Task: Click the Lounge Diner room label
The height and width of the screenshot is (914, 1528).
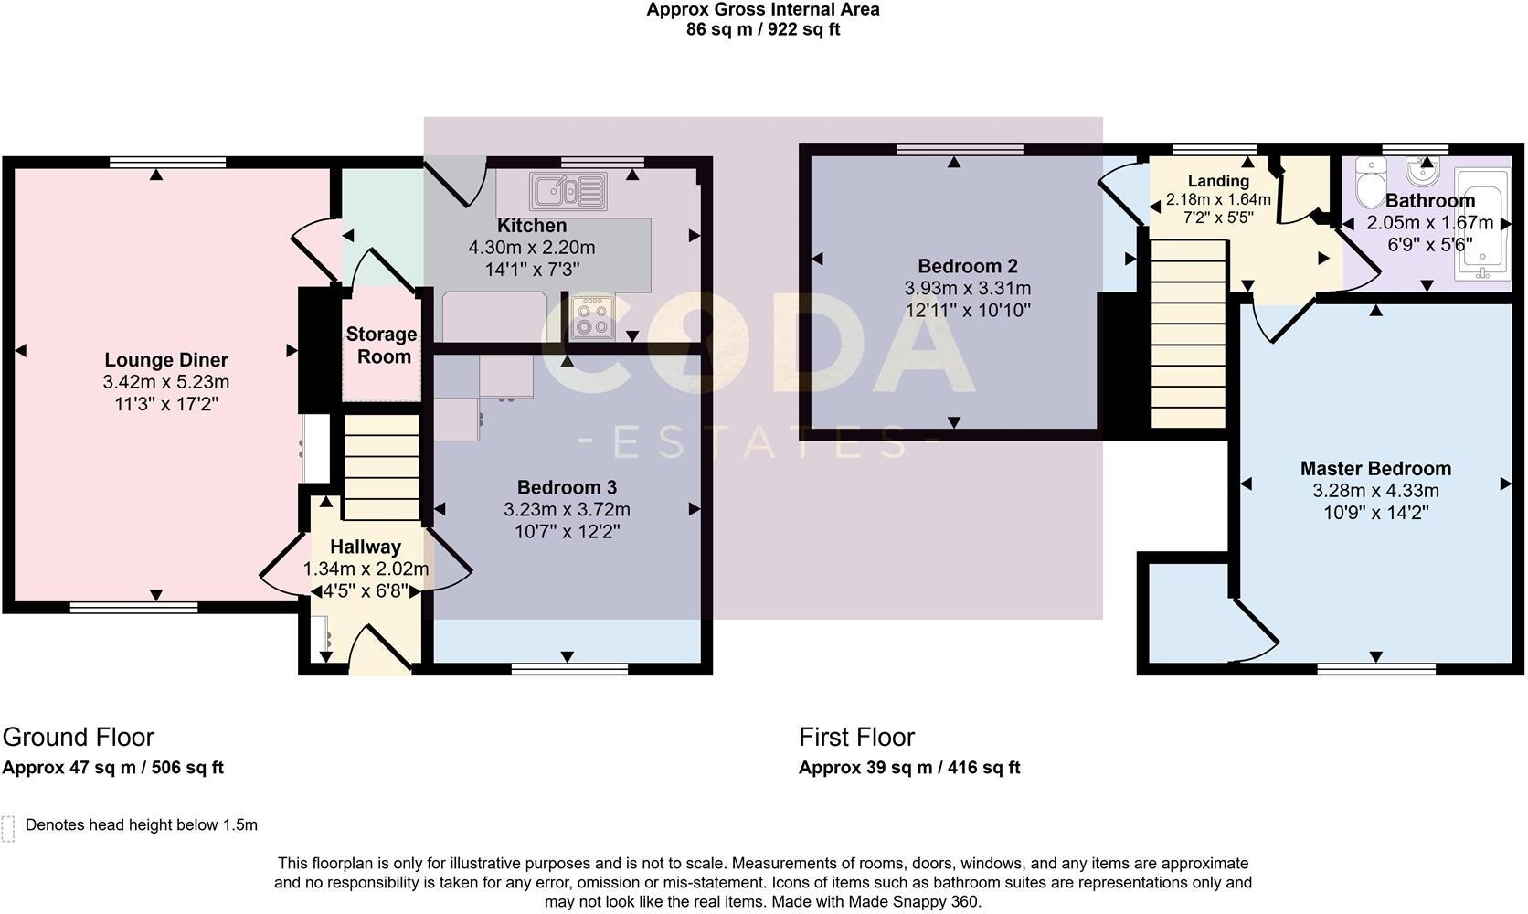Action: click(x=165, y=360)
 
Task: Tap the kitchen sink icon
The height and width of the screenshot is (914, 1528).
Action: click(x=568, y=192)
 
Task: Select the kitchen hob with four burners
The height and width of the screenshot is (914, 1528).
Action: click(x=592, y=317)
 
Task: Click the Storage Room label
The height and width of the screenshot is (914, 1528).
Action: click(x=381, y=345)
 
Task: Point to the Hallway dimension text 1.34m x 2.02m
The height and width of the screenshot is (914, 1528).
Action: click(x=366, y=569)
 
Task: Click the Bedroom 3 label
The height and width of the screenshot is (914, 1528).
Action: click(x=567, y=487)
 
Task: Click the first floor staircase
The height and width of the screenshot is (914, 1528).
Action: click(x=1187, y=333)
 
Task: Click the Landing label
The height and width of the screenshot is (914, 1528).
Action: click(x=1217, y=181)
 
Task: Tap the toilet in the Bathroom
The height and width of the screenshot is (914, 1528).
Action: click(x=1370, y=184)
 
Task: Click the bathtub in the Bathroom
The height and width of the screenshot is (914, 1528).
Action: click(x=1482, y=224)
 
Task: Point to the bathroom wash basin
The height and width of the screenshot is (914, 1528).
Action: click(x=1421, y=171)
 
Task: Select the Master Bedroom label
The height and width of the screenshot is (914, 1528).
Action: click(x=1374, y=469)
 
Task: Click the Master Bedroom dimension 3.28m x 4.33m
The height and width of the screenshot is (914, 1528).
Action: click(x=1374, y=491)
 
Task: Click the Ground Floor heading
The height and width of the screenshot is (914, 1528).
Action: click(x=79, y=737)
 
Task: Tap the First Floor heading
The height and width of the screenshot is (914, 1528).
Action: click(x=856, y=737)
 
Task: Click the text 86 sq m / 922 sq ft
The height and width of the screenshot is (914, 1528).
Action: click(x=763, y=29)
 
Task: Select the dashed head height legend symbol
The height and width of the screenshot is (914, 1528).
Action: click(x=8, y=828)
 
